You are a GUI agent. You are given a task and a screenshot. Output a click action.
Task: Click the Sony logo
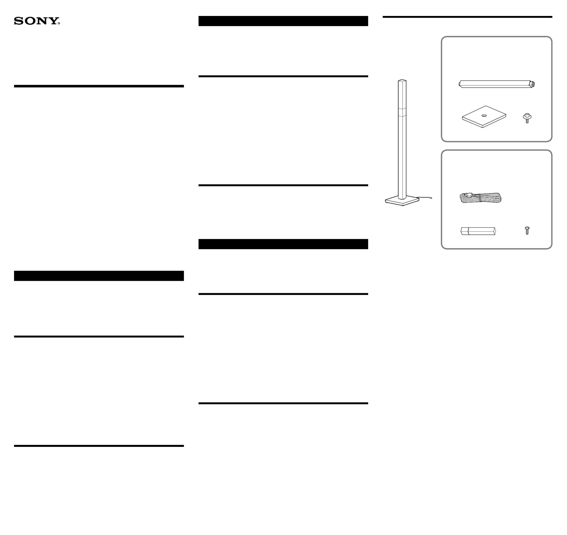coord(37,21)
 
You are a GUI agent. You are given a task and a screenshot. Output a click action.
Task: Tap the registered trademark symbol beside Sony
coord(59,23)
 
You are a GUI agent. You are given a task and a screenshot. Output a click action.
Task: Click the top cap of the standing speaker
coord(402,81)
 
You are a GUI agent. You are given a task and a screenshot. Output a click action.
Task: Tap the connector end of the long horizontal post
coord(532,84)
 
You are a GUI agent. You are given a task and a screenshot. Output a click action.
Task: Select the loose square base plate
coord(484,117)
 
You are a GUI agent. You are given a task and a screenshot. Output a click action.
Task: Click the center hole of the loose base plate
coord(484,116)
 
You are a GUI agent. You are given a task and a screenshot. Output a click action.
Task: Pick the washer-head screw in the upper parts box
coord(527,118)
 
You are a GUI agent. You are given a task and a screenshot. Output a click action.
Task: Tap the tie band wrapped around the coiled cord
coord(480,198)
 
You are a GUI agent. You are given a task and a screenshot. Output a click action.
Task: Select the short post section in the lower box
coord(478,231)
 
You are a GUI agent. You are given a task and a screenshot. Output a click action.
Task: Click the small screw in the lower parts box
coord(527,230)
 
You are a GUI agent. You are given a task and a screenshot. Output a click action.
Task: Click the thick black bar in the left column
coord(99,276)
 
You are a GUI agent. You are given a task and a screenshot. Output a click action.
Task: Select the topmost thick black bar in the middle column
coord(283,21)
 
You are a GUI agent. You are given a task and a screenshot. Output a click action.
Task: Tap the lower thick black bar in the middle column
coord(283,244)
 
